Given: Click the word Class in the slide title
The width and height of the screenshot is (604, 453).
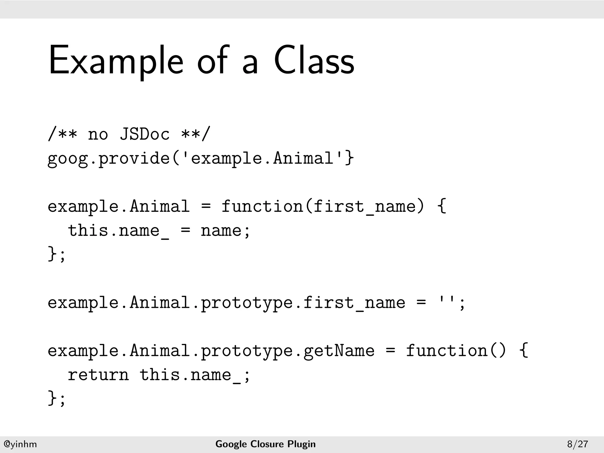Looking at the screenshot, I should (314, 60).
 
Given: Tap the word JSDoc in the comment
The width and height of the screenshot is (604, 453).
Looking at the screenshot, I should (145, 134).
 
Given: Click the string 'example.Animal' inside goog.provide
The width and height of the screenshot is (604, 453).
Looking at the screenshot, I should (263, 158).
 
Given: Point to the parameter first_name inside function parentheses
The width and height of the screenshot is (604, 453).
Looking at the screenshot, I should (364, 206).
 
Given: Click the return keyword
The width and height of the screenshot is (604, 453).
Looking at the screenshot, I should (98, 375).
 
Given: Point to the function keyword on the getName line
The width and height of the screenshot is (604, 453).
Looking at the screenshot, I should (447, 350).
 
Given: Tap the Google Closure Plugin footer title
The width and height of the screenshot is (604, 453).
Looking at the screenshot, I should (265, 444).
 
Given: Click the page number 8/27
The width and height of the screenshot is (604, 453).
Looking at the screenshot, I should (577, 444).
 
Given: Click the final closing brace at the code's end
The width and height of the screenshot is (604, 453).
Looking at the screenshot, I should (52, 398).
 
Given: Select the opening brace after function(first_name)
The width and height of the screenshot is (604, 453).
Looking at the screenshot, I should (441, 206).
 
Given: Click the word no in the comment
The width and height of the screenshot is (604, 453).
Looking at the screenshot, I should (98, 135).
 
